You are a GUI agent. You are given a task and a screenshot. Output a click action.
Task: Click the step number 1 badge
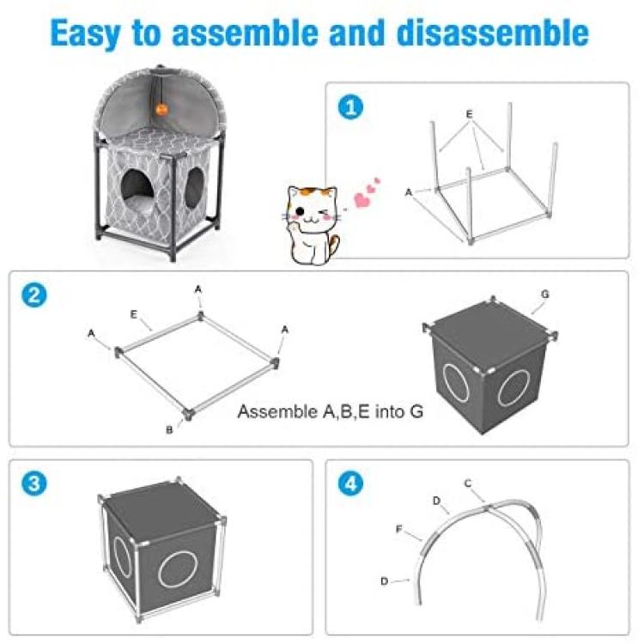(x=350, y=107)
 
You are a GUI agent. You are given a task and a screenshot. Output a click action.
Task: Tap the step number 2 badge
(x=34, y=295)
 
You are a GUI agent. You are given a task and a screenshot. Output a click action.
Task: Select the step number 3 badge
(x=34, y=483)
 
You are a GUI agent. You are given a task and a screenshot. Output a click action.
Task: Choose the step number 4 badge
(x=350, y=483)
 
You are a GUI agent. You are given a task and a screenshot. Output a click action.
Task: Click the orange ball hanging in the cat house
(x=161, y=110)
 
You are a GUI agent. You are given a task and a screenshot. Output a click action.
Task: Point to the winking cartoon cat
(x=312, y=225)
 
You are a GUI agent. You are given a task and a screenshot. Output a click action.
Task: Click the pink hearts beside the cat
(x=367, y=192)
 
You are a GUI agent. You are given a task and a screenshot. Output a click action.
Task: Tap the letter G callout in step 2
(x=545, y=294)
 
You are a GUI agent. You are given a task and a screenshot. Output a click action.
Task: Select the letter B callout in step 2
(x=169, y=430)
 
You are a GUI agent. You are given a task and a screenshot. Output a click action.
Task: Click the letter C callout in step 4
(x=468, y=483)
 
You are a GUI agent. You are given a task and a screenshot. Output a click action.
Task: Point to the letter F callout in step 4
(x=398, y=529)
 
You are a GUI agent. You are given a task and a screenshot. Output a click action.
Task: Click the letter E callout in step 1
(x=470, y=114)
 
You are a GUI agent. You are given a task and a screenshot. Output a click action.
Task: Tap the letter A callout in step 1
(x=408, y=192)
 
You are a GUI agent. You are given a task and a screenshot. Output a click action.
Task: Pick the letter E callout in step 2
(x=133, y=314)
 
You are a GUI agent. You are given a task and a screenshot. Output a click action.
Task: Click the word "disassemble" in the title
(x=493, y=33)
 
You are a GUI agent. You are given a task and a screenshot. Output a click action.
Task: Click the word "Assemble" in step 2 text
(x=277, y=411)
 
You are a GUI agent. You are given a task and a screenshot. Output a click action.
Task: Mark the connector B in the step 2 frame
(x=189, y=413)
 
